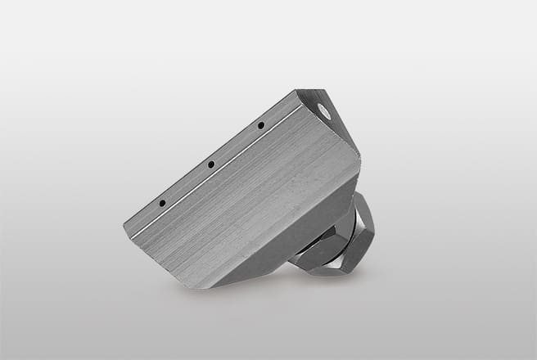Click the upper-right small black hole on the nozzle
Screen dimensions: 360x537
click(260, 125)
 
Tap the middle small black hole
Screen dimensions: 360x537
click(210, 164)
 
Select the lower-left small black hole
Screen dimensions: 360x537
click(162, 202)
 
